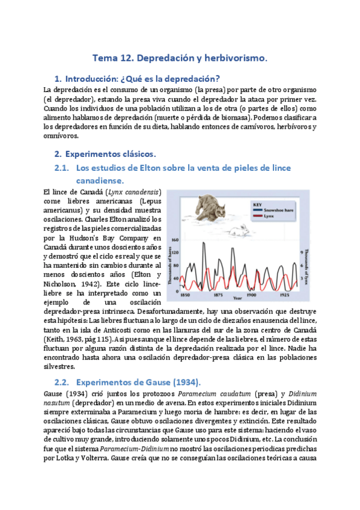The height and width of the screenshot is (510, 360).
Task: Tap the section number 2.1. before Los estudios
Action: [62, 168]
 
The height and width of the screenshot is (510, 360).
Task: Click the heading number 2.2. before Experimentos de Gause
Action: [62, 382]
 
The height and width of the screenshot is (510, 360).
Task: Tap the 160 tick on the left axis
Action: [176, 239]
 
